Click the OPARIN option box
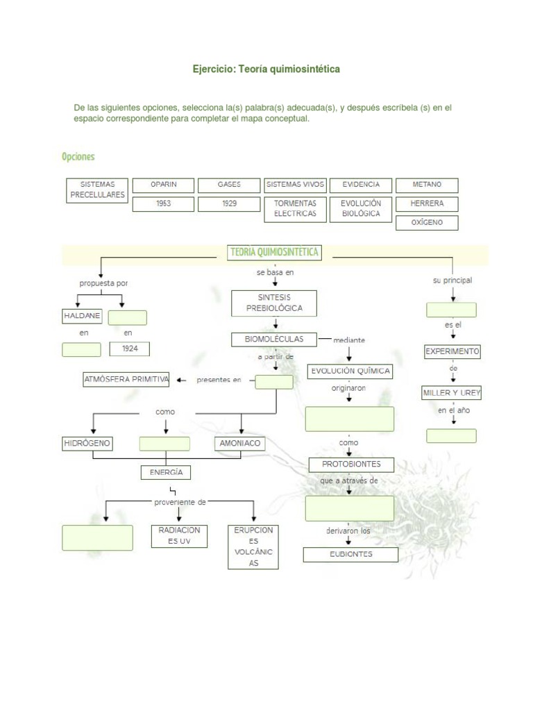pos(164,185)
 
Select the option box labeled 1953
pos(164,204)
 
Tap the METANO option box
pos(427,185)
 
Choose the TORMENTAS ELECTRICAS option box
pos(295,209)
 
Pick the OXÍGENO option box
pos(427,223)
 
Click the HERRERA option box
pos(427,204)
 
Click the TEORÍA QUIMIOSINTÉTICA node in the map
pos(274,253)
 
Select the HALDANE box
pos(82,317)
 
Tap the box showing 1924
pos(130,349)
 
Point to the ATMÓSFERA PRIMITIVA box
pos(126,380)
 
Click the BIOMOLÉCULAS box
pos(274,340)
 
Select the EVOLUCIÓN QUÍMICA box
pos(350,371)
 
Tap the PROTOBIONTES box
pos(351,465)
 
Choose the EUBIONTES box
pos(350,555)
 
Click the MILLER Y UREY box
pos(452,393)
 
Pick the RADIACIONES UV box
pos(179,536)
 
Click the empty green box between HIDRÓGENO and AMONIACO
pos(164,444)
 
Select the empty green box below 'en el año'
pos(452,436)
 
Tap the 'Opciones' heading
pos(78,157)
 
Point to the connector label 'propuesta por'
pos(103,283)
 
